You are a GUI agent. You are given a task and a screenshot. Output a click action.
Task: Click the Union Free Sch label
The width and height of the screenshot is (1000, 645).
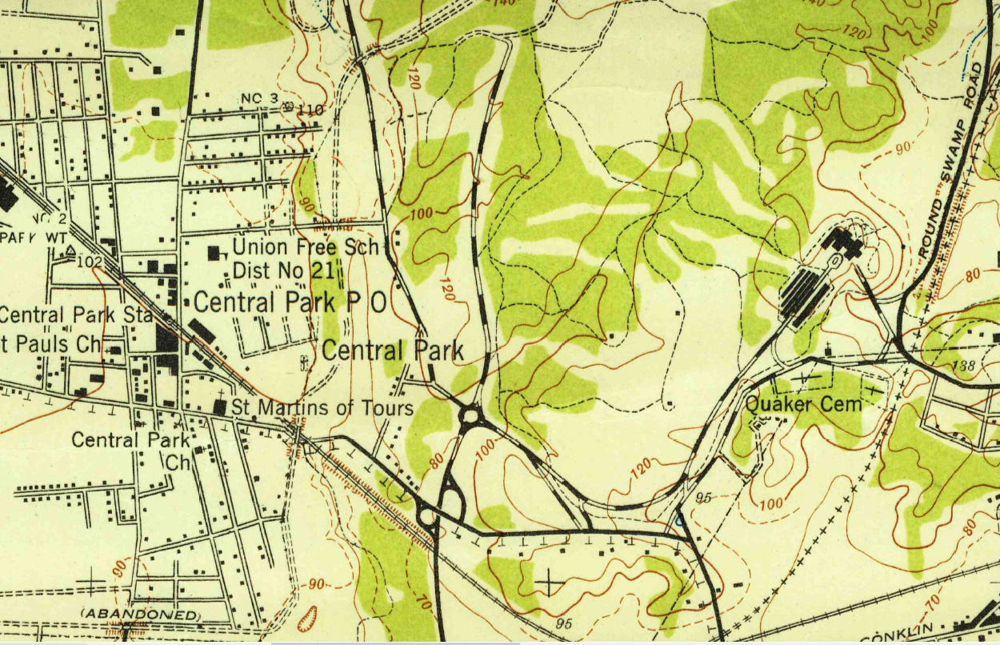click(305, 246)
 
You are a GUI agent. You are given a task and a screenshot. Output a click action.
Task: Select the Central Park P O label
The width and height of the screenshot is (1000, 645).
click(290, 302)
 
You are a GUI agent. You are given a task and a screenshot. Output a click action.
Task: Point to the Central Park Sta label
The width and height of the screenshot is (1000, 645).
click(77, 314)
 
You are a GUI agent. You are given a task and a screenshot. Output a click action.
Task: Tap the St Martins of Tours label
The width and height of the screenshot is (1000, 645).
click(322, 408)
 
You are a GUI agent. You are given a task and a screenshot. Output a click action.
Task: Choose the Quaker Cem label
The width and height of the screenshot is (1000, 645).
click(804, 404)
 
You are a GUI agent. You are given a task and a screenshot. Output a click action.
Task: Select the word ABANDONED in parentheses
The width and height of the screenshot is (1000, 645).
click(140, 614)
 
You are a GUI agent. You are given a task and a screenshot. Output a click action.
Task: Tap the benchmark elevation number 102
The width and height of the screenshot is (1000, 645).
click(90, 261)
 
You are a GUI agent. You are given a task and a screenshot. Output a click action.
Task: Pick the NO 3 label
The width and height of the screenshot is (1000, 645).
click(258, 98)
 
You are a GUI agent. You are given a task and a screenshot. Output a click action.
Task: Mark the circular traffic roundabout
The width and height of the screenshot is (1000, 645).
click(470, 415)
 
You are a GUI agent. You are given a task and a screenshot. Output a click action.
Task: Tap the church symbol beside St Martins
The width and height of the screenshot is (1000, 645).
click(219, 407)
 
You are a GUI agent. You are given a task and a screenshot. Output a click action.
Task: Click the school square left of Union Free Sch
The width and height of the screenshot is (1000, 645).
click(214, 253)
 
